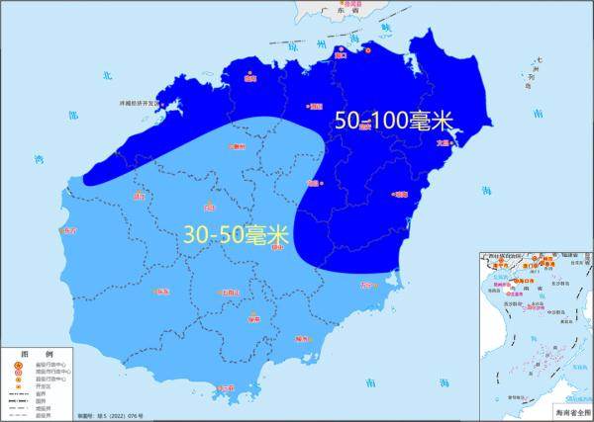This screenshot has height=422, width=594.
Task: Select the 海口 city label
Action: pyautogui.click(x=344, y=56)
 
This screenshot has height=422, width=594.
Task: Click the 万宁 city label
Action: pyautogui.click(x=369, y=285)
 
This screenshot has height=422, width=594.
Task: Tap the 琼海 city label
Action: pyautogui.click(x=401, y=195)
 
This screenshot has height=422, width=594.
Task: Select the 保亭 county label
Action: pyautogui.click(x=254, y=319)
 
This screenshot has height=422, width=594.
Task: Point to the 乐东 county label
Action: pyautogui.click(x=162, y=292)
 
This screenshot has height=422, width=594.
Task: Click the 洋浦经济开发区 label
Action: pyautogui.click(x=139, y=102)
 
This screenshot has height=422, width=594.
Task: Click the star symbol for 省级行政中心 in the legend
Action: pyautogui.click(x=16, y=365)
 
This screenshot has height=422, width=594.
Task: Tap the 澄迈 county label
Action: pyautogui.click(x=316, y=105)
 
